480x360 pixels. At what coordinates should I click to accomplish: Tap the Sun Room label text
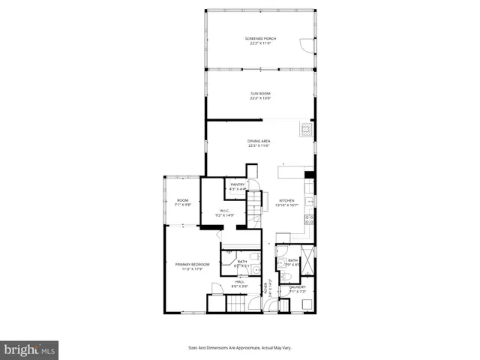(x=259, y=95)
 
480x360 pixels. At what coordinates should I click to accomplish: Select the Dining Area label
(x=259, y=143)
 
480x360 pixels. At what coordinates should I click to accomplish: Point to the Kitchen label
(x=288, y=202)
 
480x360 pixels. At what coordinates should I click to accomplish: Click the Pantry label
(x=238, y=187)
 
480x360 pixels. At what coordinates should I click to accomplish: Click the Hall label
(x=239, y=283)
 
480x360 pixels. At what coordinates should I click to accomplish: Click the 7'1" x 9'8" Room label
(x=182, y=202)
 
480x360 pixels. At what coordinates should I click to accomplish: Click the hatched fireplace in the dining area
(x=305, y=128)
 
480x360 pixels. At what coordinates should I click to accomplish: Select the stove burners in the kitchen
(x=308, y=221)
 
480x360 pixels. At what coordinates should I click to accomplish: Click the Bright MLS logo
(x=30, y=350)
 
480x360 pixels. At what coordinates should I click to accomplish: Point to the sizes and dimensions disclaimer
(x=239, y=347)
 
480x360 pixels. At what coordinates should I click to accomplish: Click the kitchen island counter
(x=292, y=172)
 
